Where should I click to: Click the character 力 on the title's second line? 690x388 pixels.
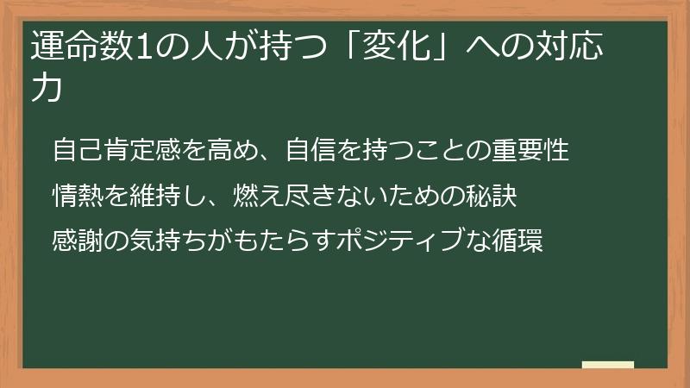(x=46, y=90)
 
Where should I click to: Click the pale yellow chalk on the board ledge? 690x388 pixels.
(x=608, y=365)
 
